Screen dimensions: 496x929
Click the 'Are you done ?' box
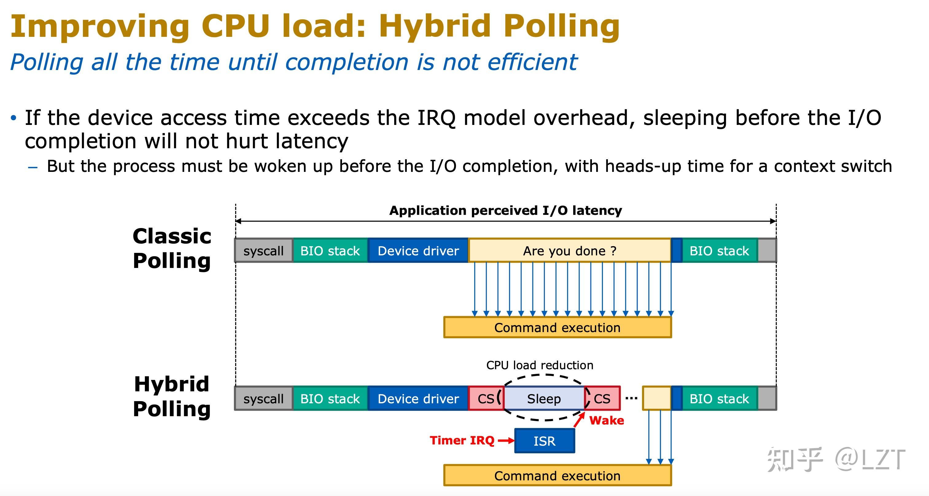(x=569, y=250)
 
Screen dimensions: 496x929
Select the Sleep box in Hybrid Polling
(x=544, y=399)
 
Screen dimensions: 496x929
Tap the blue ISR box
(x=544, y=441)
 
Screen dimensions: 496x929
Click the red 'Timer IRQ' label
(x=462, y=440)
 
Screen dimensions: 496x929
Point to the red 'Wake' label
(x=607, y=420)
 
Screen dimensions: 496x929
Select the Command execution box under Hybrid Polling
(x=557, y=476)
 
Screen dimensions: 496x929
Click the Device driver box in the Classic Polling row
(x=418, y=250)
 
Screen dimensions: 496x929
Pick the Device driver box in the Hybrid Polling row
(x=418, y=399)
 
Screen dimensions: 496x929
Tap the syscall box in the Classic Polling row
(x=263, y=250)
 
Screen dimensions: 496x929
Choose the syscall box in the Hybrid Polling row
(x=263, y=399)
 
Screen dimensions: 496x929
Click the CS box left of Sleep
(x=485, y=399)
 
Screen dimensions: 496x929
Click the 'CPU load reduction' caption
(x=539, y=365)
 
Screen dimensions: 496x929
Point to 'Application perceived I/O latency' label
(x=506, y=211)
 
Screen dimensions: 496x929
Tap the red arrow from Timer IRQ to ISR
(x=506, y=440)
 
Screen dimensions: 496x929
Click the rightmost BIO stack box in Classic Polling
(x=719, y=250)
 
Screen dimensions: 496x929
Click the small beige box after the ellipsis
(x=656, y=398)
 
